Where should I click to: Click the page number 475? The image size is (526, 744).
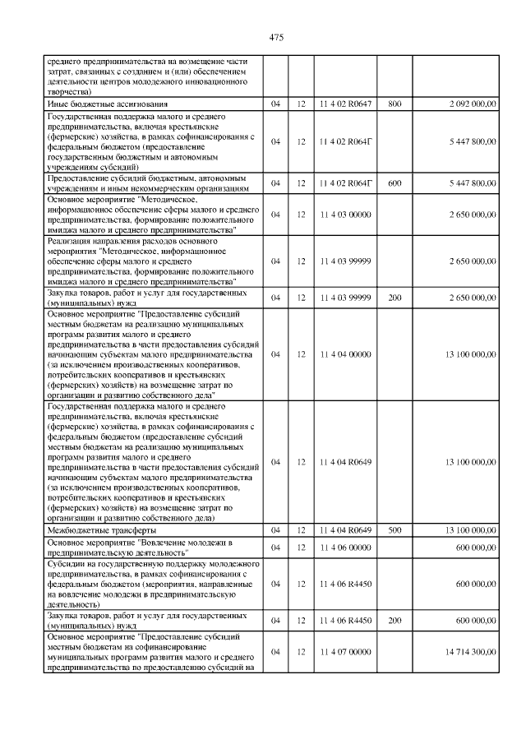pyautogui.click(x=276, y=38)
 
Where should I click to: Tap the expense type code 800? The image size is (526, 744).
pyautogui.click(x=394, y=104)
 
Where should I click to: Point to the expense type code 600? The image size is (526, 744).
pyautogui.click(x=394, y=183)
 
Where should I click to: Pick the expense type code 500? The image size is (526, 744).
pyautogui.click(x=394, y=530)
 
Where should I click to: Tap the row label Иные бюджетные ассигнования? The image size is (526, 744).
pyautogui.click(x=108, y=104)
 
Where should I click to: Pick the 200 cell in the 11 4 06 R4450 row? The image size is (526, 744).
pyautogui.click(x=394, y=621)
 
